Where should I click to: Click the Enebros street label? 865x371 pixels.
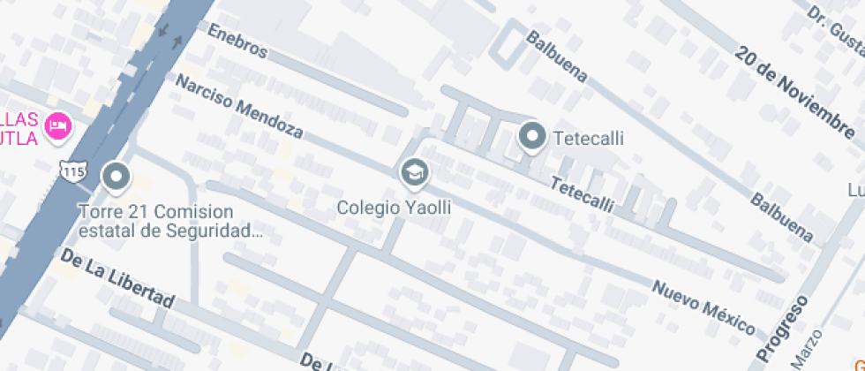point(237,41)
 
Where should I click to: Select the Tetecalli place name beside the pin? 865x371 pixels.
point(589,139)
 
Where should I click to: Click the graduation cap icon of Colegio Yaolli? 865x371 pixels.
point(413,171)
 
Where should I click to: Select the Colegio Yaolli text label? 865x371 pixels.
point(395,208)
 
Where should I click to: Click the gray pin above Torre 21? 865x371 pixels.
point(115,176)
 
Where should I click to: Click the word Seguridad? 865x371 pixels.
point(222,232)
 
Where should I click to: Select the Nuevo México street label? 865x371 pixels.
point(703,301)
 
